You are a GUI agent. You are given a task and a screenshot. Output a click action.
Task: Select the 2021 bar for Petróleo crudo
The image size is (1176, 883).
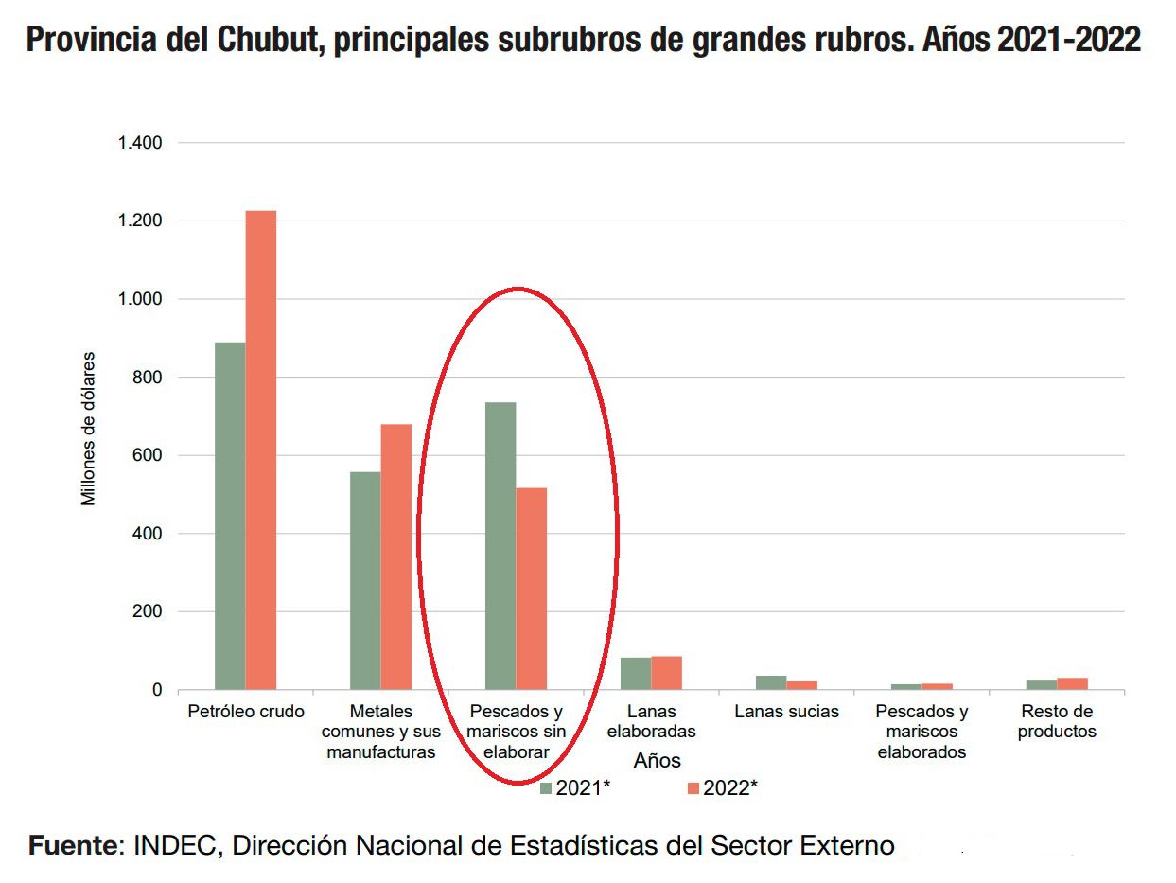point(230,516)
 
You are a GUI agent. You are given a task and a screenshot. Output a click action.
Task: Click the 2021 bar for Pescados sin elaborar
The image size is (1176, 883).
point(500,546)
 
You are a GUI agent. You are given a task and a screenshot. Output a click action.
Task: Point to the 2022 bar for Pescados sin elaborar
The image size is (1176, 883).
point(532,589)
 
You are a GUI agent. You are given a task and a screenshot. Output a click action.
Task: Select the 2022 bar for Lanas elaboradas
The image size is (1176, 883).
point(667,673)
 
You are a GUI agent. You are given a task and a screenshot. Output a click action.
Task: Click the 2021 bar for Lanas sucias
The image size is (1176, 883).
point(771,682)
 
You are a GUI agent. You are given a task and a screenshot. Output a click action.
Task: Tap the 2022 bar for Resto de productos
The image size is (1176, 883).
point(1073,683)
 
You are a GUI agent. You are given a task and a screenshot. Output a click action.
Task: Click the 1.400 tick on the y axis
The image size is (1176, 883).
point(140,143)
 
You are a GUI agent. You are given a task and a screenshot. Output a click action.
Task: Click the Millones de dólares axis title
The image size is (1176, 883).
point(89,429)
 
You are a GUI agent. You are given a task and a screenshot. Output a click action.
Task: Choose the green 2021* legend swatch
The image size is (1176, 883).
point(546,788)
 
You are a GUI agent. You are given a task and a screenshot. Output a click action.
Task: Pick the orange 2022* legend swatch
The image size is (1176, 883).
point(693,788)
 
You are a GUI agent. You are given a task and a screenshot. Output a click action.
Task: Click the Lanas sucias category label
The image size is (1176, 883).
point(786,712)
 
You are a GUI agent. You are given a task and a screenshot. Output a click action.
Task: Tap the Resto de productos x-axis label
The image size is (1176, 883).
point(1057,721)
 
